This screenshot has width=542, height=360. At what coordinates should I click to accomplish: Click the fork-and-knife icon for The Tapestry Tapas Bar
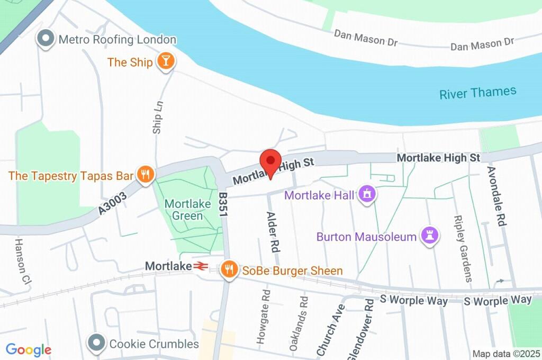144,174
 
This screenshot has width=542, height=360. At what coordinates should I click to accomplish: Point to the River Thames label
477,93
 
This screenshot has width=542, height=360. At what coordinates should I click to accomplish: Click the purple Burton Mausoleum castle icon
429,236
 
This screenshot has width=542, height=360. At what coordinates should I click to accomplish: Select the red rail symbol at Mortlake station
200,266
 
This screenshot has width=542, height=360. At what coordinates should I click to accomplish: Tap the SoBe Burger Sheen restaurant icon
229,269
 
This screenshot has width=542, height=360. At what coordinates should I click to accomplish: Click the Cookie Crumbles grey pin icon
97,343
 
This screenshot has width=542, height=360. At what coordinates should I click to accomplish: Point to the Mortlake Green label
184,210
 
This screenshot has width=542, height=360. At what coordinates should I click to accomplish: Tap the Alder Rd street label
273,231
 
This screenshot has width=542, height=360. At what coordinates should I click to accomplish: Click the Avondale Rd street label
496,196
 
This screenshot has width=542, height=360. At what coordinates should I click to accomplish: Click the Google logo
29,349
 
